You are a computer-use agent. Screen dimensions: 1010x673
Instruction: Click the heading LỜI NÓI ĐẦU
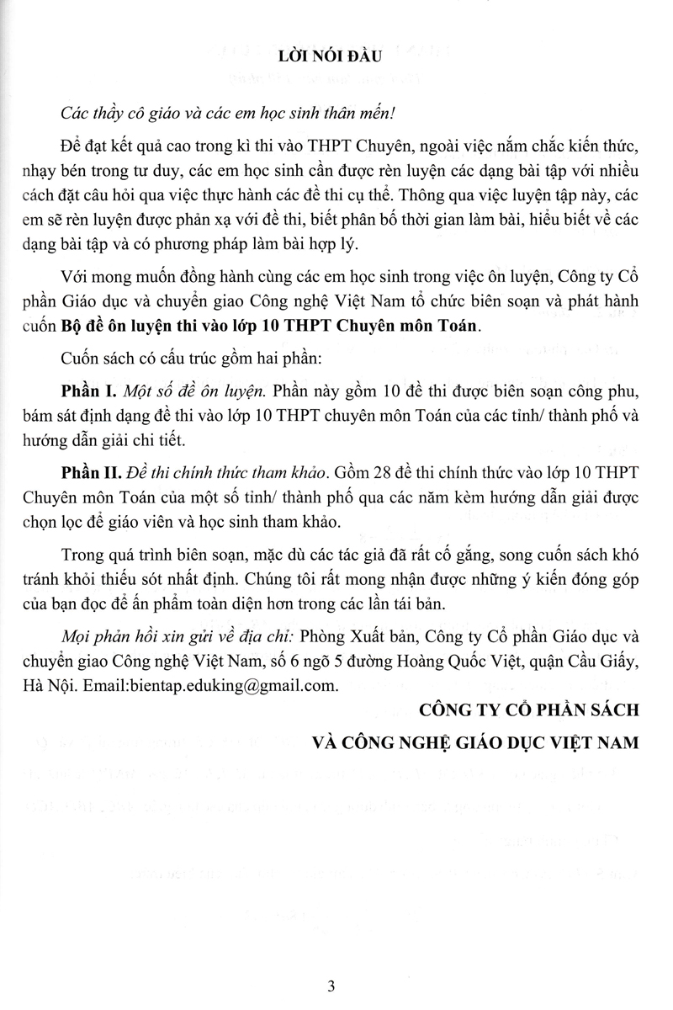tap(336, 56)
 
